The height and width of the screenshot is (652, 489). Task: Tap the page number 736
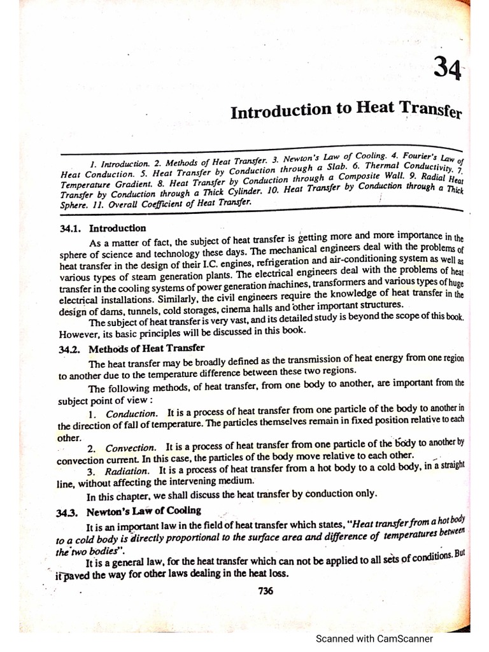(x=266, y=590)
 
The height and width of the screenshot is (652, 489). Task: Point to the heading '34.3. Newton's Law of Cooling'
(x=130, y=510)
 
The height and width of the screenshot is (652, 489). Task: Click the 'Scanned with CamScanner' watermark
(x=375, y=639)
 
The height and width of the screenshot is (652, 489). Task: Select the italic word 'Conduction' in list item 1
(x=127, y=413)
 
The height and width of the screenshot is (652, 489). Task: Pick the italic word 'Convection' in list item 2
(x=130, y=448)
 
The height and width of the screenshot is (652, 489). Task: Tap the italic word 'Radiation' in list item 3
(x=127, y=471)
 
